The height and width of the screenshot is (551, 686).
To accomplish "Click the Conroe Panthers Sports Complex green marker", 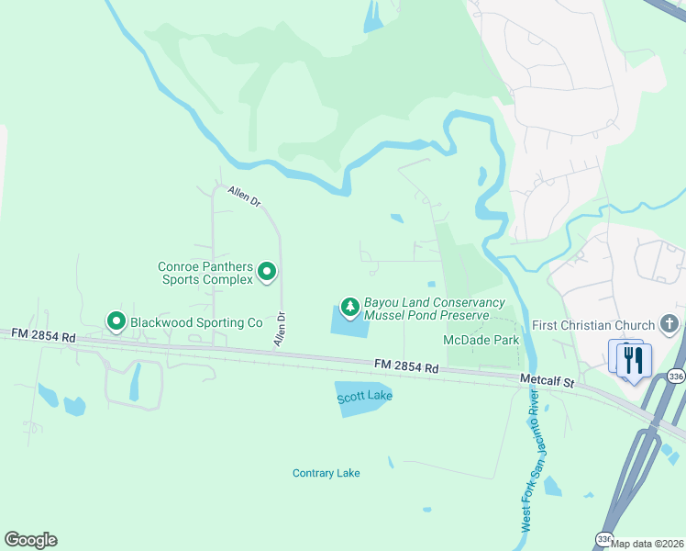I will click(267, 272).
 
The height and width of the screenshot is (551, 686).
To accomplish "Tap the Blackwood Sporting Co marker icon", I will click(116, 321).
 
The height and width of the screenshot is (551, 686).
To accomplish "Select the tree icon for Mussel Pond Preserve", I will click(349, 306).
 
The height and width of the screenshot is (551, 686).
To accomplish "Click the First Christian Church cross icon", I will click(670, 324).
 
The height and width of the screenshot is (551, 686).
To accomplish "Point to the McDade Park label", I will click(481, 340).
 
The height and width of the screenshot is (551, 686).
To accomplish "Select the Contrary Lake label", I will click(326, 473).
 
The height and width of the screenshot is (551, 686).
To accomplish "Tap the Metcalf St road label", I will click(546, 379).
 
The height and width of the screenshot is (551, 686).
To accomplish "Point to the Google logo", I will click(30, 540).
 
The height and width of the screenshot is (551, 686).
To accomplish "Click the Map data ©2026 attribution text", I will click(647, 543).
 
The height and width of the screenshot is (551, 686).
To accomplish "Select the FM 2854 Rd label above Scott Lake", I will click(406, 367).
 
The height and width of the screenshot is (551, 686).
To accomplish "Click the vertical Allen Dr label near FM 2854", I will click(280, 329).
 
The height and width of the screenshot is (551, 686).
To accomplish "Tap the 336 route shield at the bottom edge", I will click(603, 539).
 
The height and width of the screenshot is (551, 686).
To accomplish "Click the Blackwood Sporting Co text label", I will click(196, 322).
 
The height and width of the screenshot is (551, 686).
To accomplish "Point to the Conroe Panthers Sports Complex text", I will click(205, 273).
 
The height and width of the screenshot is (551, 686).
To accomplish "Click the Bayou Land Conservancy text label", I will click(435, 302).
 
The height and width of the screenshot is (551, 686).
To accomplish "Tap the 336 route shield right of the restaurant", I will click(675, 376).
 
